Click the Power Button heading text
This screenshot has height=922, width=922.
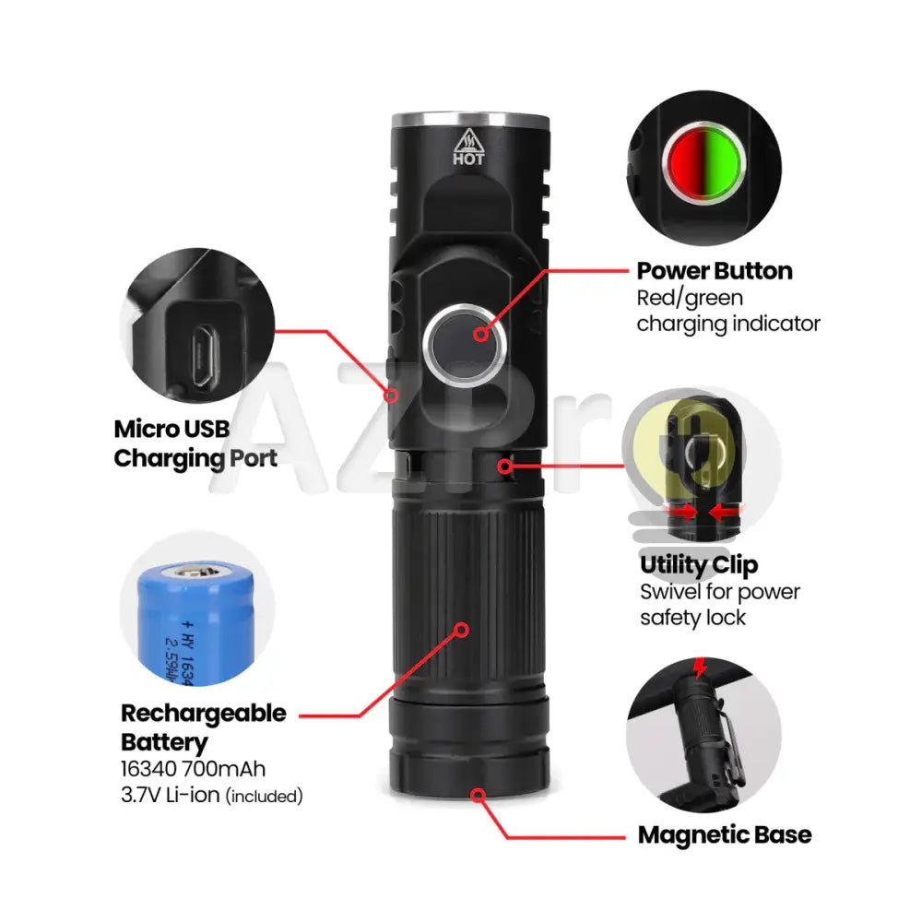(715, 271)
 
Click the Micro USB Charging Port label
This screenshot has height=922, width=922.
(195, 443)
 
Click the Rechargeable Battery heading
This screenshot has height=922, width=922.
(203, 727)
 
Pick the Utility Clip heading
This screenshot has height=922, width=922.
(699, 565)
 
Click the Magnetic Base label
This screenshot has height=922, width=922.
(725, 835)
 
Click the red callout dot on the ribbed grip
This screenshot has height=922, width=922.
(461, 630)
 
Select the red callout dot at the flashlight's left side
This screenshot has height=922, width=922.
(392, 396)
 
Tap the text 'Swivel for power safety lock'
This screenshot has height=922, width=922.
(719, 605)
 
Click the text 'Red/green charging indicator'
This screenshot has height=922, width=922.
(727, 311)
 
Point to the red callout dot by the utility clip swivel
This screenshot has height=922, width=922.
(504, 466)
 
